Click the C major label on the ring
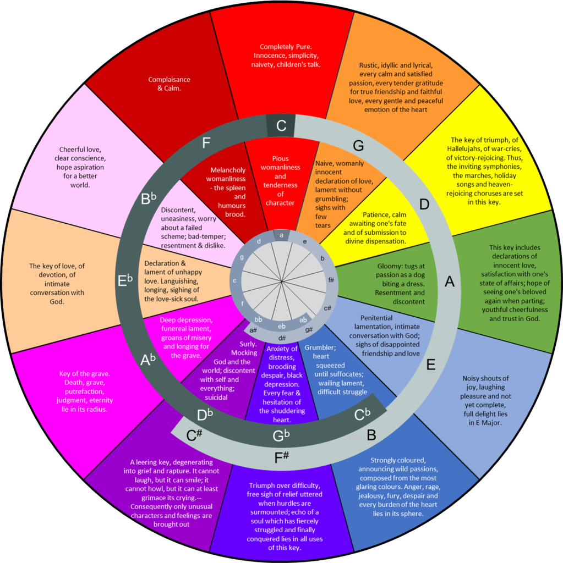(x=281, y=126)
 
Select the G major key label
(x=358, y=146)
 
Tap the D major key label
(x=424, y=205)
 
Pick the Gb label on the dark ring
(x=281, y=436)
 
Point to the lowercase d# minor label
(x=282, y=338)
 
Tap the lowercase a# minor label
(x=254, y=330)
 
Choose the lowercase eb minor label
(x=282, y=326)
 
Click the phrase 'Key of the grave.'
(x=84, y=374)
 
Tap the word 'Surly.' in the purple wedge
(x=248, y=344)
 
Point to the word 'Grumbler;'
(x=320, y=347)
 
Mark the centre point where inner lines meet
(x=282, y=281)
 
